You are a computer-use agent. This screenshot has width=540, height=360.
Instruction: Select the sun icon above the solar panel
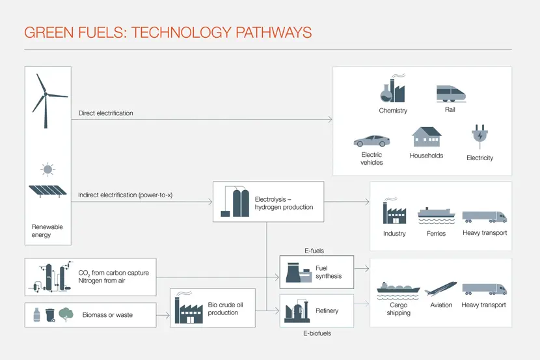(x=47, y=170)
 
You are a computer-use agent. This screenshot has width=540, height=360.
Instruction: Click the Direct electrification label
(x=105, y=113)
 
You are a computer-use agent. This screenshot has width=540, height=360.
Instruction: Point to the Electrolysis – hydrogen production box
(x=268, y=202)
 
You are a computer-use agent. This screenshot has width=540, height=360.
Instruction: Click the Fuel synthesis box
(x=316, y=272)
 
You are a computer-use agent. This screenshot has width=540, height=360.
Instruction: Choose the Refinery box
(x=316, y=311)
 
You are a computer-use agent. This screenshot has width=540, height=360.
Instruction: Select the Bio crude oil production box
(x=212, y=308)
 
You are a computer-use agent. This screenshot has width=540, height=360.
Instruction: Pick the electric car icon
(x=371, y=141)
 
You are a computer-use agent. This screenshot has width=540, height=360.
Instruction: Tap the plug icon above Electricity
(x=479, y=137)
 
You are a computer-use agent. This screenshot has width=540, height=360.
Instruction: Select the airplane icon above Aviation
(x=440, y=288)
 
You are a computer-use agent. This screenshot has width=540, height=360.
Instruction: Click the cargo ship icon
(x=398, y=288)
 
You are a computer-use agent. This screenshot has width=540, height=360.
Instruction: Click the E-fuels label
(x=314, y=251)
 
